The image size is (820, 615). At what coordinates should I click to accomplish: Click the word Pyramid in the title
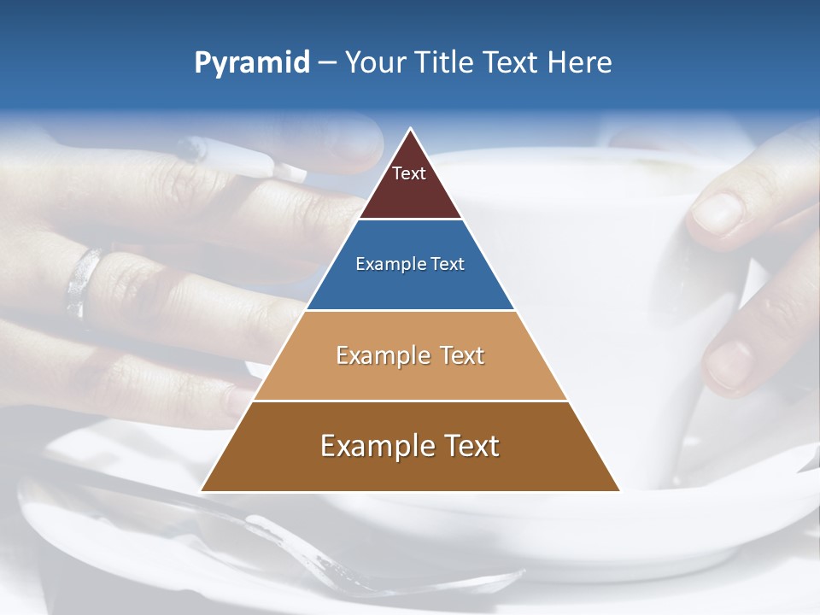tap(251, 63)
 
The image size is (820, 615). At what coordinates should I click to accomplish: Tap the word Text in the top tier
tap(409, 173)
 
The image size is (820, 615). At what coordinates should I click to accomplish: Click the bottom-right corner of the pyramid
tap(618, 490)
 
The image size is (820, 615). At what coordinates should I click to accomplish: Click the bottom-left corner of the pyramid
tap(202, 490)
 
